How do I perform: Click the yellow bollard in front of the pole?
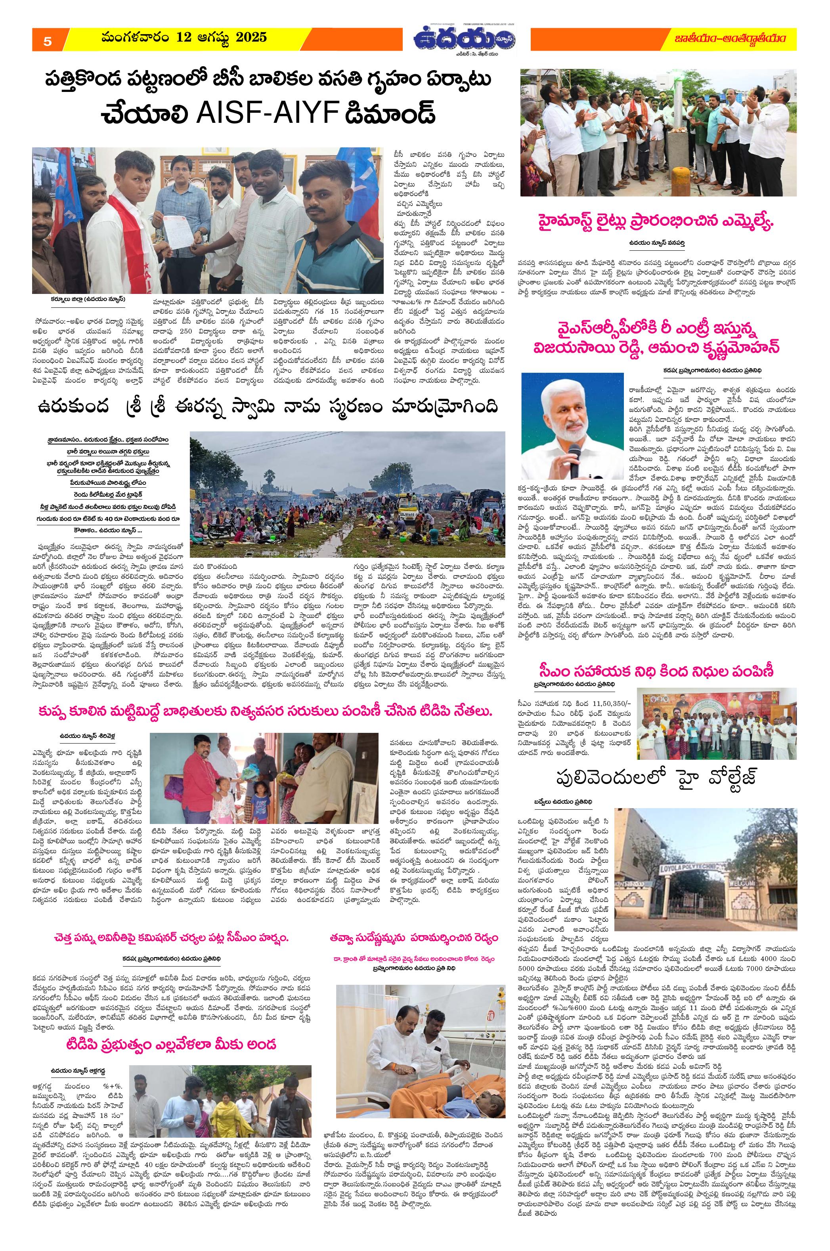pos(681,175)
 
